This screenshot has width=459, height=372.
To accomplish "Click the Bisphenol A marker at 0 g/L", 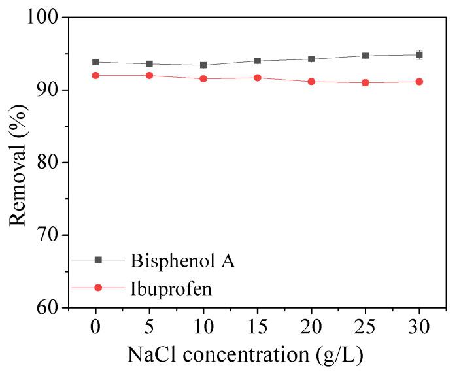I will (95, 62).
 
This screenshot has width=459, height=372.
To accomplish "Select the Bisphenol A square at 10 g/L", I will (203, 65).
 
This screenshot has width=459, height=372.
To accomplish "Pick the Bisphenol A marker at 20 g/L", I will (311, 59).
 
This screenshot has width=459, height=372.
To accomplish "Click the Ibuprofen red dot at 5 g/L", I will (149, 75).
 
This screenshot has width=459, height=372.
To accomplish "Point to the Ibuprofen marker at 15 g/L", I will (258, 78).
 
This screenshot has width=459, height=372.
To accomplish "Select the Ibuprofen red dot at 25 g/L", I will (365, 82).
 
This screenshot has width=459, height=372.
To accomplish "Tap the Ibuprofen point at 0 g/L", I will (95, 75).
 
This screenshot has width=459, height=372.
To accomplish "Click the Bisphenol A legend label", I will (182, 261).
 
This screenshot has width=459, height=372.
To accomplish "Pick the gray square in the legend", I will (98, 260).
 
